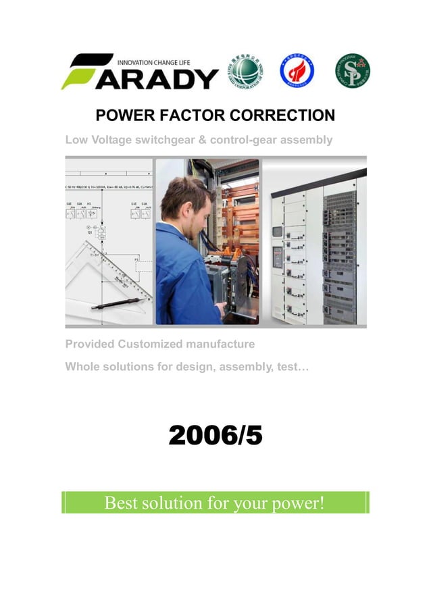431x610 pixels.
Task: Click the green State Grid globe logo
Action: coord(246,70)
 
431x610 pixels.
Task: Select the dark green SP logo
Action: coord(353,71)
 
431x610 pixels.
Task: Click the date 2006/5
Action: coord(215,436)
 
